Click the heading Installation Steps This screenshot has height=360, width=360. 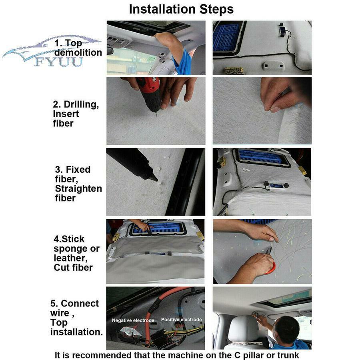[181, 10]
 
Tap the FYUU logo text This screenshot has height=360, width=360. [59, 62]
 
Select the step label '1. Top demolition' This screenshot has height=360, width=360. [78, 48]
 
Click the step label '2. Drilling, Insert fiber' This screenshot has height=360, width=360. [76, 114]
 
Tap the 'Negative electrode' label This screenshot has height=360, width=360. [133, 320]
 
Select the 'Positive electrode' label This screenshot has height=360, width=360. [181, 320]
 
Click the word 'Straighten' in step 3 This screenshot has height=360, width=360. [78, 188]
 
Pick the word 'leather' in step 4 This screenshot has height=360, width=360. [70, 258]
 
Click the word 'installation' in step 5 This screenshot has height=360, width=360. [77, 332]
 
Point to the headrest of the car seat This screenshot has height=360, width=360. [242, 329]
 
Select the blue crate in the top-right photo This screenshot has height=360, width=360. [226, 38]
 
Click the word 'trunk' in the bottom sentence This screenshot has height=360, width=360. [288, 355]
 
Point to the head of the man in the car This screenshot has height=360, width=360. [286, 328]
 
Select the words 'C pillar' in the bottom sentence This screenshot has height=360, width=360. [250, 355]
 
